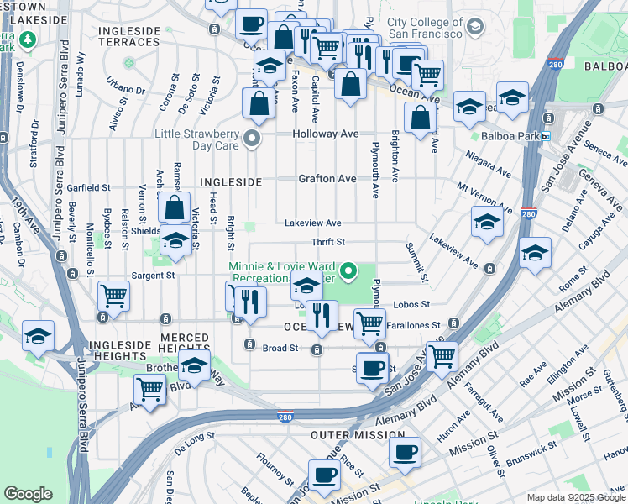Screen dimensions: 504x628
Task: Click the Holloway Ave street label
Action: [325, 134]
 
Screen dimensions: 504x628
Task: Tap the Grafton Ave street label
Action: [327, 179]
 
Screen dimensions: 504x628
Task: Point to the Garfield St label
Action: [90, 187]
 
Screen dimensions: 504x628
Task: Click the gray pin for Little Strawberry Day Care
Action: [250, 139]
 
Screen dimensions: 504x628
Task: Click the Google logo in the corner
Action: [28, 494]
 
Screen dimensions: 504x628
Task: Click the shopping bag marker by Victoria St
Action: [174, 207]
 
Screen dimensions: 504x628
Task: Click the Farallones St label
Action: [413, 325]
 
